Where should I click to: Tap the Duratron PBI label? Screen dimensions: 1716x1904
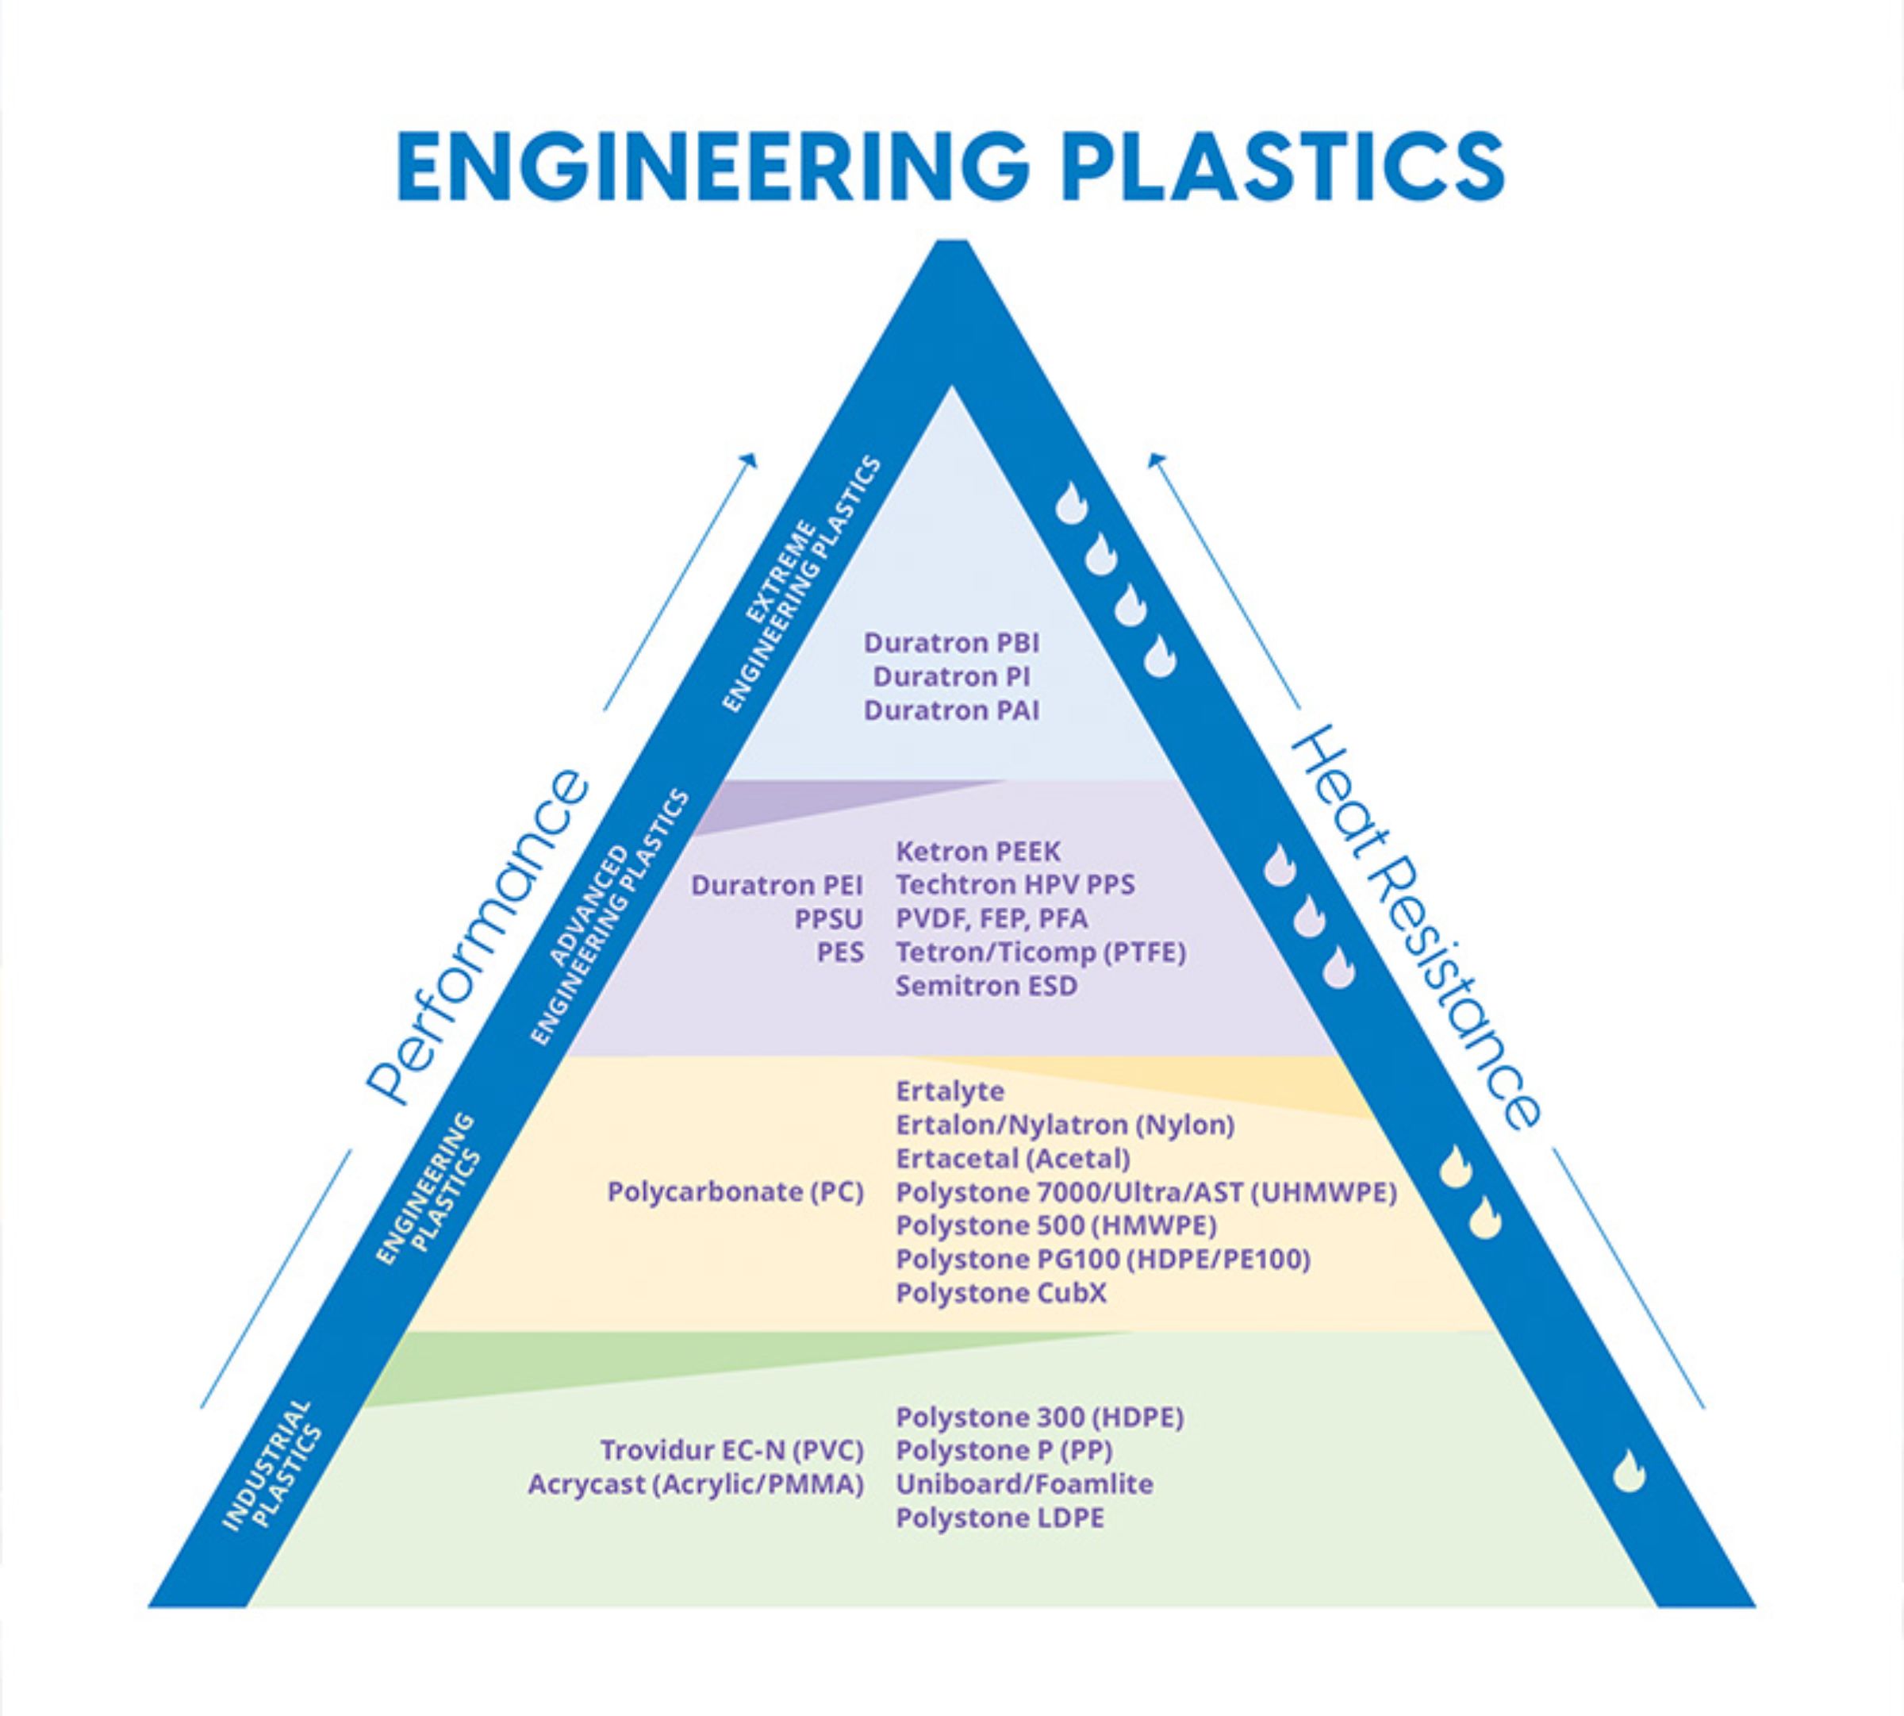coord(952,643)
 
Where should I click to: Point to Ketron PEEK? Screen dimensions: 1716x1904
coord(977,852)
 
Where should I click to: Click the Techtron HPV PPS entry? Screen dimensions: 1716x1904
coord(1015,885)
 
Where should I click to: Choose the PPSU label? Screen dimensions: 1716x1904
coord(828,918)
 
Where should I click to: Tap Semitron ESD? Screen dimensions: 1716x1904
coord(986,987)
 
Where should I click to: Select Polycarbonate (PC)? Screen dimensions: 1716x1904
coord(735,1192)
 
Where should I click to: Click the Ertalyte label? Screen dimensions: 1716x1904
coord(950,1091)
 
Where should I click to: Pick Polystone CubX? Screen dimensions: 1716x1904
coord(1001,1293)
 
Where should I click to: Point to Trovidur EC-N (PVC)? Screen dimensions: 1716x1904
coord(731,1449)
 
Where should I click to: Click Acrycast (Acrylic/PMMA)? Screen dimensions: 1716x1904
coord(696,1484)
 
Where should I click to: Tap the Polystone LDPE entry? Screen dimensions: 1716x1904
coord(999,1518)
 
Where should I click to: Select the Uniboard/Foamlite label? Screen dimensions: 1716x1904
coord(1024,1484)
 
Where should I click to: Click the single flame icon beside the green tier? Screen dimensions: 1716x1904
coord(1629,1472)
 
